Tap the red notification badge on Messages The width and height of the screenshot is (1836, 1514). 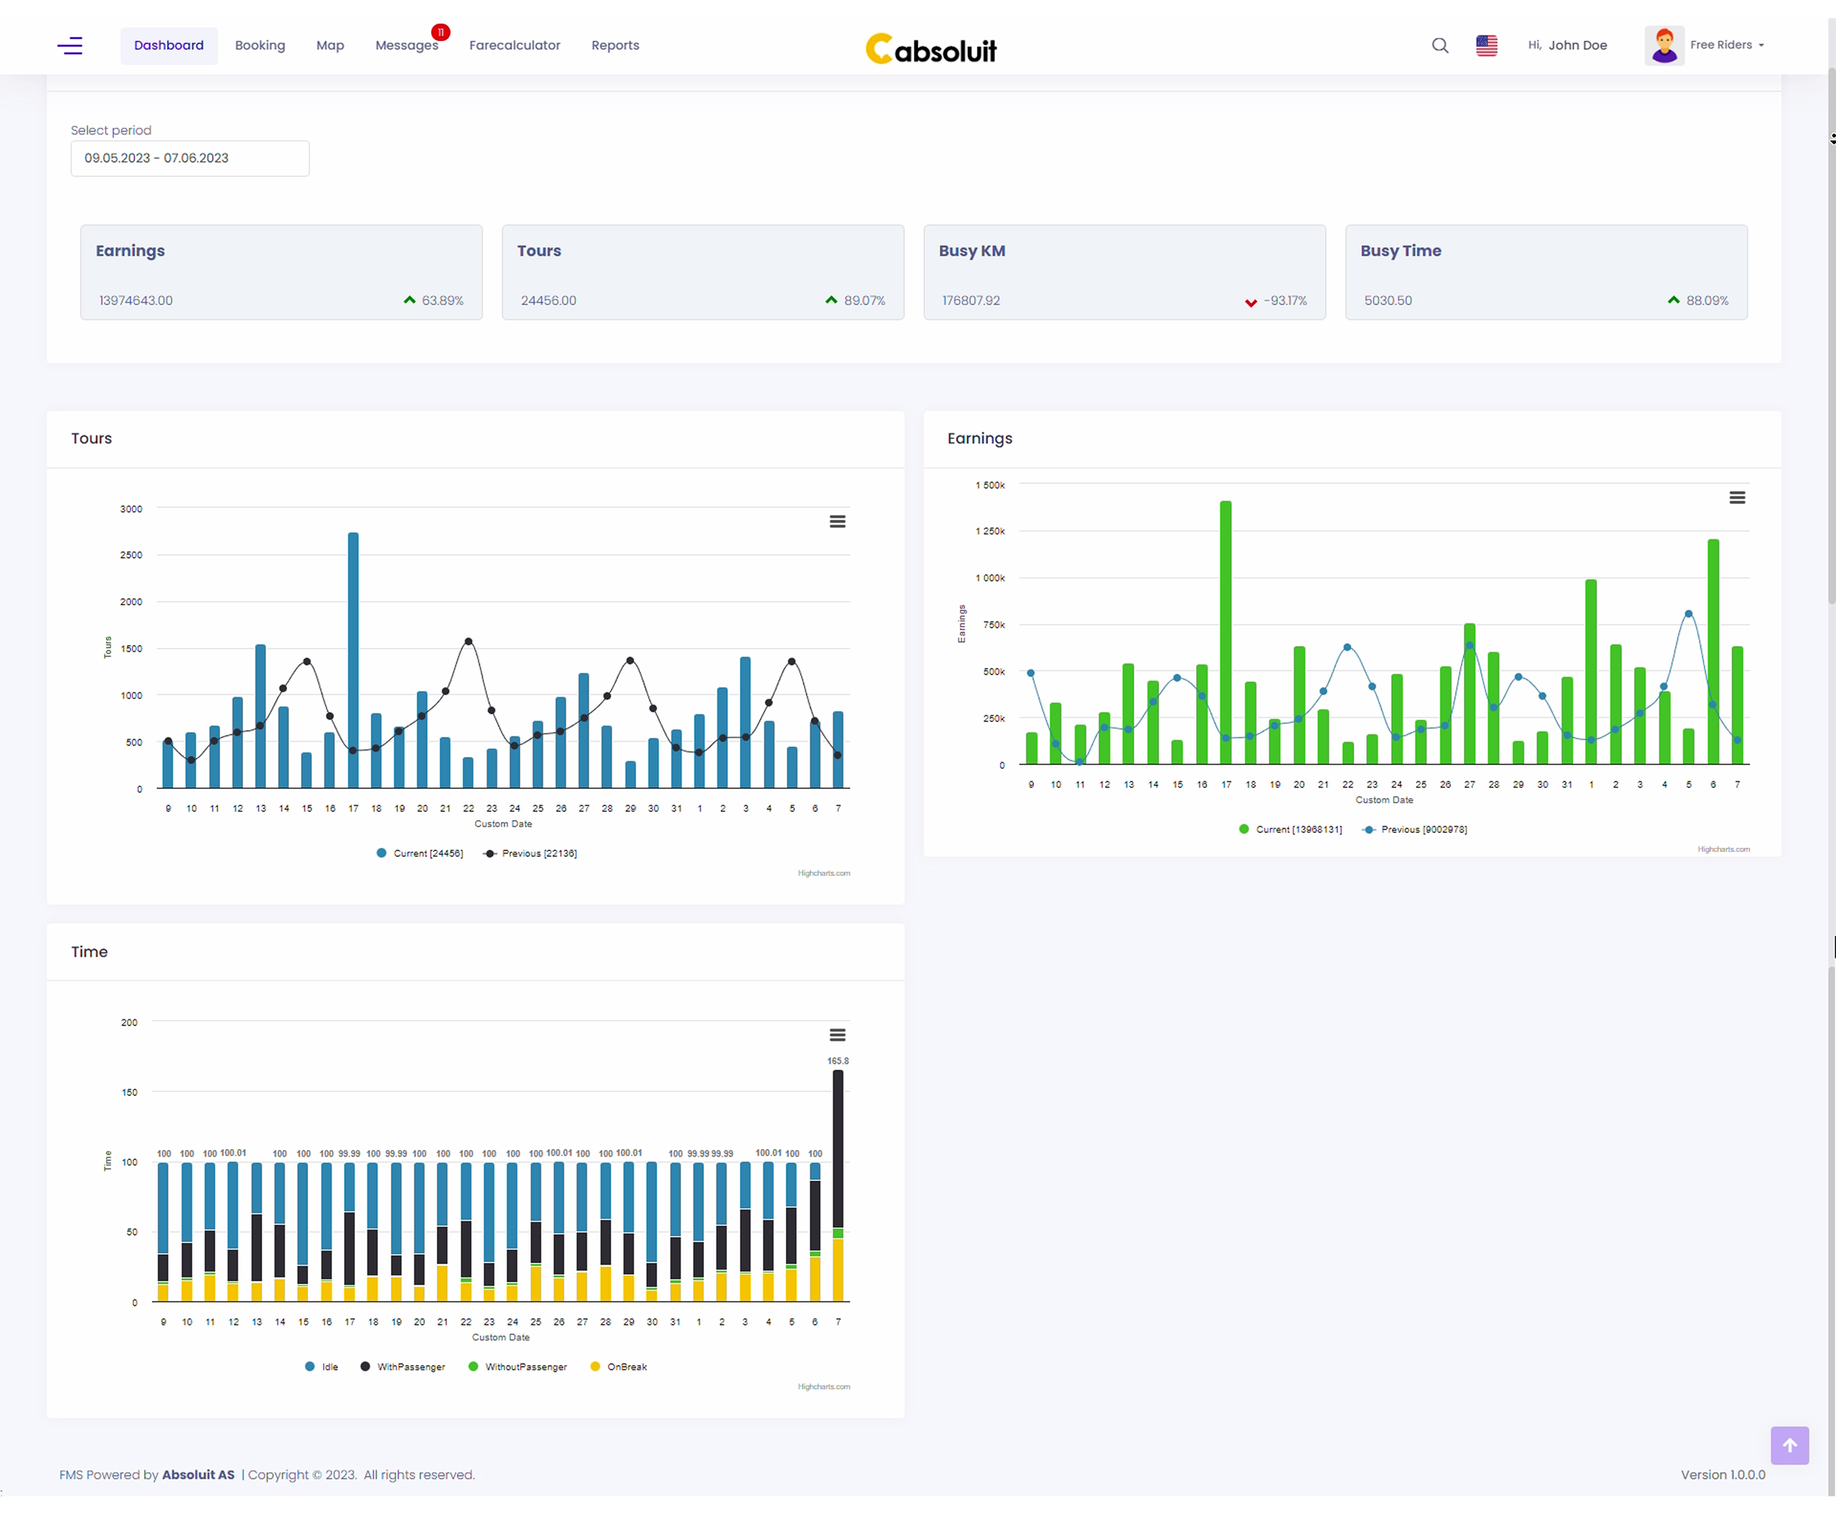[441, 32]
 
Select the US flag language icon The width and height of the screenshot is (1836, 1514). [1486, 46]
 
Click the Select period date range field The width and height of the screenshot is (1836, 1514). [189, 158]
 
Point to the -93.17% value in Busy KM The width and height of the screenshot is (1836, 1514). [1285, 301]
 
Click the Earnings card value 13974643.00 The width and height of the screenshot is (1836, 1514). [136, 301]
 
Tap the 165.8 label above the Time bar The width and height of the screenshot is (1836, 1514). [837, 1061]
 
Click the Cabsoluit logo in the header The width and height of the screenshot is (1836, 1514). [930, 49]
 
